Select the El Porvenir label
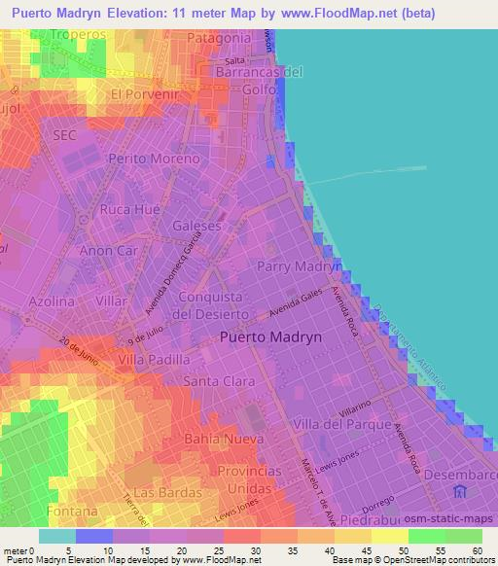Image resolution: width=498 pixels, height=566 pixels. coord(146,94)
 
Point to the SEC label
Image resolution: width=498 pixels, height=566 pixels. coord(65,134)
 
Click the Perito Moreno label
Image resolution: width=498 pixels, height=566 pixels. coord(155,158)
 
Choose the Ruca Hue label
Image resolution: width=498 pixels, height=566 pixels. coord(129,209)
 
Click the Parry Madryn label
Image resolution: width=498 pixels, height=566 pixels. coord(300,265)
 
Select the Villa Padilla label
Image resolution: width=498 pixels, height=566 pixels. coord(154,359)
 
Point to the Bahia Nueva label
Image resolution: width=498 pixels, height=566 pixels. coord(225,440)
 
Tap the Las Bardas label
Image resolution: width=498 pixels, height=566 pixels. coord(160,492)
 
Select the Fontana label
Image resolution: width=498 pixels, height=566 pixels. coord(72,511)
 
